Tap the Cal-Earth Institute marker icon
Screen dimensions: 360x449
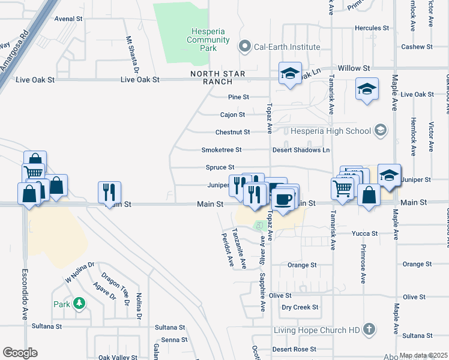coord(244,46)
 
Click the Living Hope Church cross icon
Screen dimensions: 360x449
coord(369,329)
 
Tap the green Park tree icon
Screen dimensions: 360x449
coord(79,304)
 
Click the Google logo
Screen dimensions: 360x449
coord(20,353)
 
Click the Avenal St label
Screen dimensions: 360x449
coord(68,19)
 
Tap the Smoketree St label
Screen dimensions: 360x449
coord(221,149)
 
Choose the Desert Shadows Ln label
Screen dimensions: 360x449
coord(301,149)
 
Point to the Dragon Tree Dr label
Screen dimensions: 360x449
coord(115,290)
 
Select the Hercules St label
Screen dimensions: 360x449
coord(368,28)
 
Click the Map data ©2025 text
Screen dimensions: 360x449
coord(423,355)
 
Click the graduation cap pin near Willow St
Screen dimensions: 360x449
coord(290,74)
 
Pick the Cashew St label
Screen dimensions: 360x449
coord(417,47)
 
